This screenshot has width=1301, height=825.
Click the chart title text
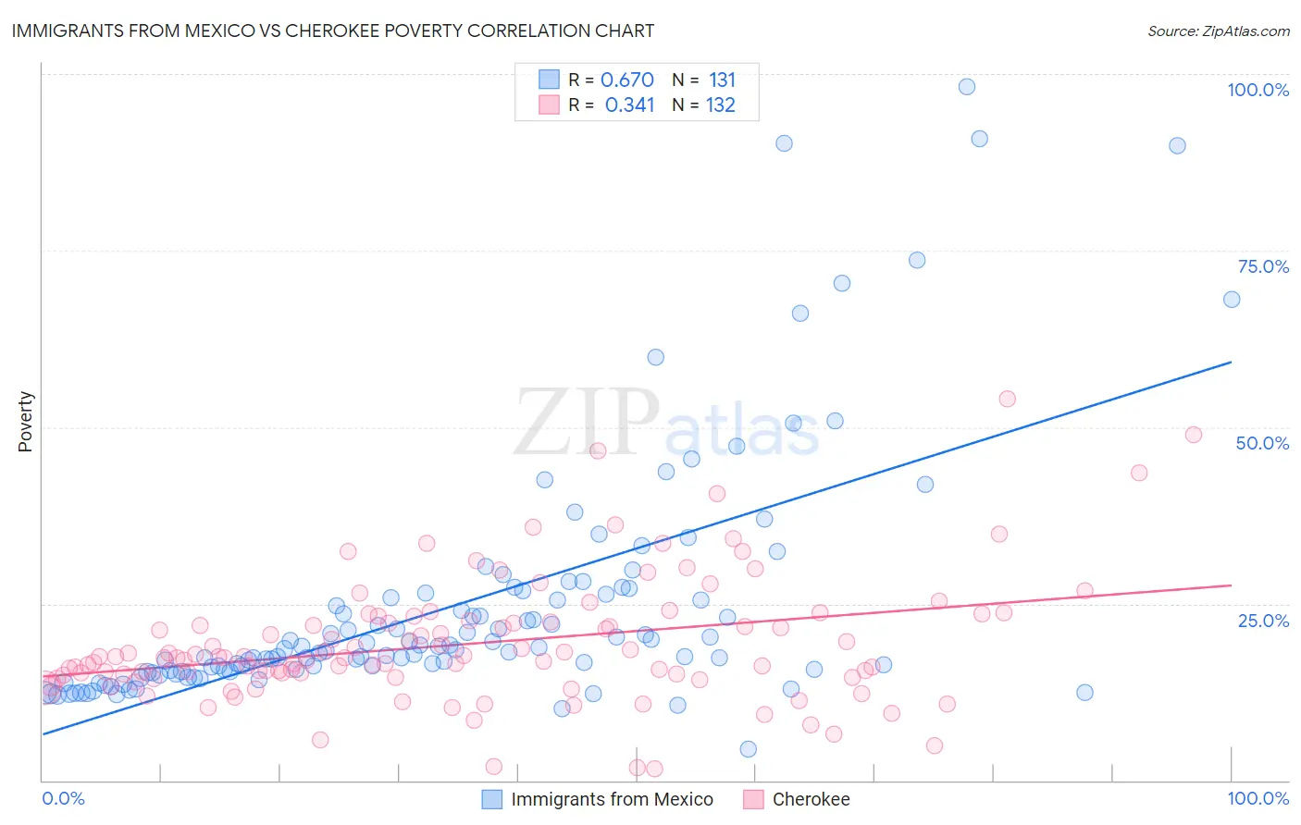[x=332, y=31]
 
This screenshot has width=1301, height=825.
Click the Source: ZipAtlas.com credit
[x=1218, y=31]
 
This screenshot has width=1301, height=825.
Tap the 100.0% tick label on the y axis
[x=1258, y=90]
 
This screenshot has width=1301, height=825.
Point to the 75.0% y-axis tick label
[x=1263, y=266]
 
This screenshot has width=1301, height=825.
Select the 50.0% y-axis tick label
[x=1262, y=443]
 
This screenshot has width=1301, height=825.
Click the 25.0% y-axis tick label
[x=1263, y=621]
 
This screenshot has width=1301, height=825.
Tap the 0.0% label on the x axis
[x=63, y=798]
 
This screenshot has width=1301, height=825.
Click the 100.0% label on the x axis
[x=1258, y=798]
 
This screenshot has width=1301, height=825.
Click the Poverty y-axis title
[x=25, y=422]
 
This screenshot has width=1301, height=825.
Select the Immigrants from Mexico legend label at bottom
[x=612, y=799]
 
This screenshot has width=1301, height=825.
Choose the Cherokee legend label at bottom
[x=811, y=799]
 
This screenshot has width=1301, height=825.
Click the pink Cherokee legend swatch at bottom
[x=753, y=799]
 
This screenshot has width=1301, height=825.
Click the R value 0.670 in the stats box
[x=626, y=80]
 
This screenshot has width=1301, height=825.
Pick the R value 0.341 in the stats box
[x=629, y=105]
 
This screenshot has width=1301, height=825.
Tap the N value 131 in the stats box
[x=722, y=80]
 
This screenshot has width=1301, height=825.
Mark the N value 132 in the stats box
[x=720, y=105]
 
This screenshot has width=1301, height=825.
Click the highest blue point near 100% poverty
[x=966, y=87]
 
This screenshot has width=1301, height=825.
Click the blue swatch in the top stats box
[x=549, y=80]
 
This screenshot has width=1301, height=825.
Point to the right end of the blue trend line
[x=1231, y=363]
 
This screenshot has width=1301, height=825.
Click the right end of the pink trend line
[x=1231, y=585]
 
